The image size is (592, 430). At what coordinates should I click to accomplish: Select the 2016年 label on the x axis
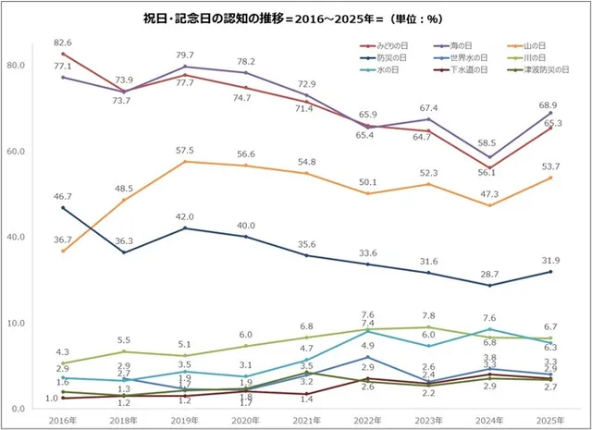pos(62,420)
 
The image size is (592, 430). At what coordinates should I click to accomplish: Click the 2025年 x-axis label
pos(551,420)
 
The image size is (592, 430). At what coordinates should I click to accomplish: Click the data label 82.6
pos(62,43)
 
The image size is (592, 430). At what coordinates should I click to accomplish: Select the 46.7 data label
pos(62,197)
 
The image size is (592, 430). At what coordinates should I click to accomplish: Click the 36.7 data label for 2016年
pos(62,240)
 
